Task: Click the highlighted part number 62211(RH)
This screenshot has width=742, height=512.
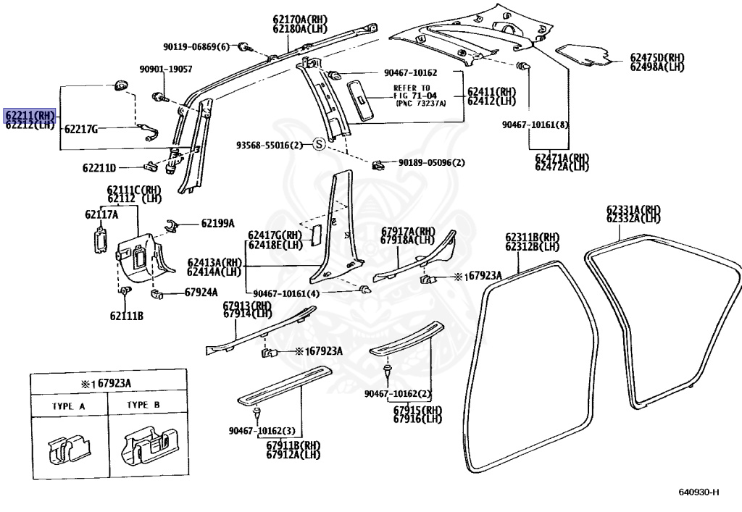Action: click(30, 115)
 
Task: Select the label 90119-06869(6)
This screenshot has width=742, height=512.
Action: click(196, 47)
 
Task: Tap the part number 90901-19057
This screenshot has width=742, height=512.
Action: click(166, 70)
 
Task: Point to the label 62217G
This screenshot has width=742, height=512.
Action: click(81, 130)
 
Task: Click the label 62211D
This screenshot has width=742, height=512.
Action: click(99, 168)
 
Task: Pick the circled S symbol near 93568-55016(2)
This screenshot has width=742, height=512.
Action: click(317, 145)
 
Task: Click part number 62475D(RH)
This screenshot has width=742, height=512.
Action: click(657, 57)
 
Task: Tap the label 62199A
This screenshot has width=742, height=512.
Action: click(218, 223)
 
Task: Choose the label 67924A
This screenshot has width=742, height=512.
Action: click(201, 293)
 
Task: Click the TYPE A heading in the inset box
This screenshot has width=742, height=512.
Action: click(68, 406)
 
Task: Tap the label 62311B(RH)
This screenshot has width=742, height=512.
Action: click(533, 238)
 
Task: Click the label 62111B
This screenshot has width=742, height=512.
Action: click(127, 316)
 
